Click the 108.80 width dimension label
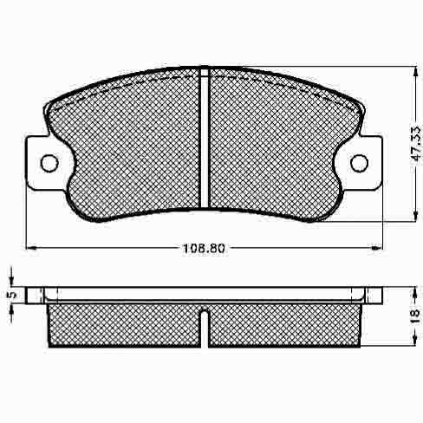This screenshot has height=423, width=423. click(204, 248)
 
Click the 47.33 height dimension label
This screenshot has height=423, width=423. click(416, 147)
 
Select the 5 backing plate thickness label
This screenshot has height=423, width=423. click(12, 295)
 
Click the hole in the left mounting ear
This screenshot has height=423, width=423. click(49, 163)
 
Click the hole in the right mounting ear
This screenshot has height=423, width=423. click(359, 163)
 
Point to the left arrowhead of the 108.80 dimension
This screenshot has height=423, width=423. click(31, 248)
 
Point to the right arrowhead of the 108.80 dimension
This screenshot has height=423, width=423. click(376, 248)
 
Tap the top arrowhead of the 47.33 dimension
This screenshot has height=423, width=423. click(415, 72)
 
